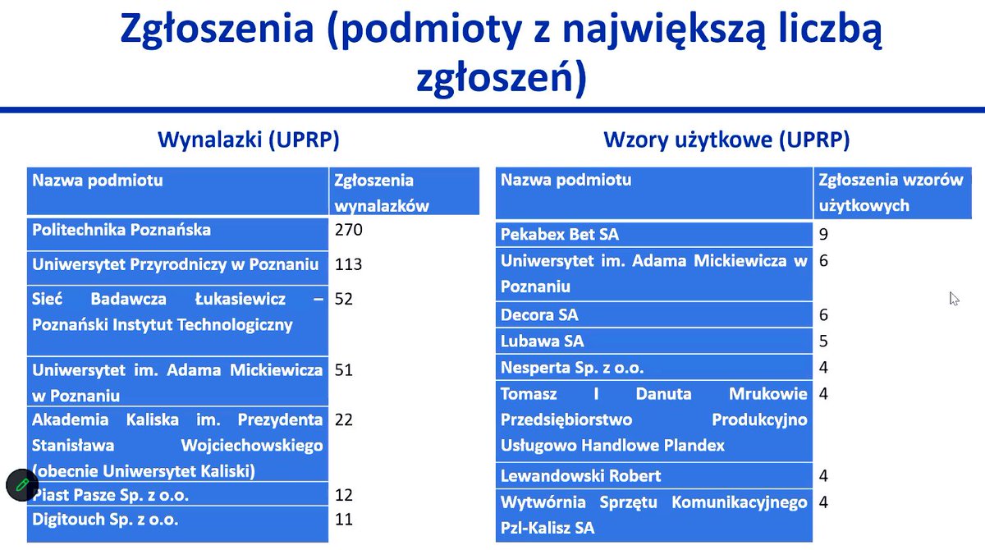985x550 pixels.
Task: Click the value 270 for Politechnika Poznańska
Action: pos(349,230)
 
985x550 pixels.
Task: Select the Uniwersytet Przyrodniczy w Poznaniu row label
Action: pos(175,264)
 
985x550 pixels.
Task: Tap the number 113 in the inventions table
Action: pos(349,264)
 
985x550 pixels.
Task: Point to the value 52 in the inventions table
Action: pos(344,300)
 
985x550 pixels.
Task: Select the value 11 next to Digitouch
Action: pos(344,519)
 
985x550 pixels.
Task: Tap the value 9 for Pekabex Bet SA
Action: pos(823,235)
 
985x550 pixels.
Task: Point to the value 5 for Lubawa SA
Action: pos(823,341)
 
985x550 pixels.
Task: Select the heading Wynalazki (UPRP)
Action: pos(248,140)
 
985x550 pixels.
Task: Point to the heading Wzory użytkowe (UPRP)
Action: pos(726,140)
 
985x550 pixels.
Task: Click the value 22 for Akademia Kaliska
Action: pos(344,419)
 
